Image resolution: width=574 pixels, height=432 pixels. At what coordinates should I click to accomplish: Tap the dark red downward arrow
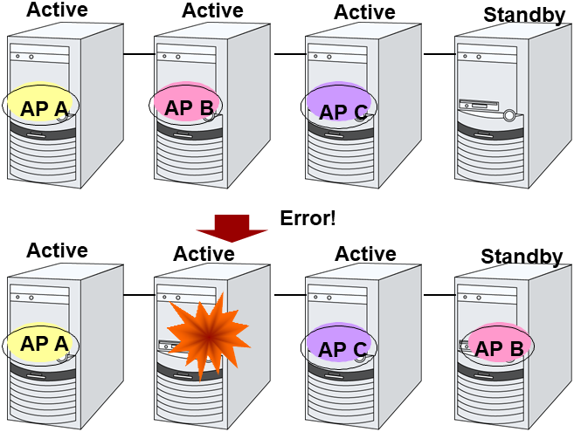(231, 226)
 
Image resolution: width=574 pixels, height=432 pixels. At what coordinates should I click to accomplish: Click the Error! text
(308, 218)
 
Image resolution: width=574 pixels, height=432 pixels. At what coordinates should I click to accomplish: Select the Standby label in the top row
(523, 15)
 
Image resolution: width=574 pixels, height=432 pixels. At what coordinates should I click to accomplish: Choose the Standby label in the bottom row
(522, 256)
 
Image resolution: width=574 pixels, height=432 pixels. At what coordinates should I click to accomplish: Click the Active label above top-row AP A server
(57, 10)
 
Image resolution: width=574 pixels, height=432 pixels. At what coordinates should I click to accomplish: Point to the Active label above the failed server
(204, 253)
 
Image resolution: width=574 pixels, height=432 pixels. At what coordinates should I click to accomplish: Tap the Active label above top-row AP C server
(365, 12)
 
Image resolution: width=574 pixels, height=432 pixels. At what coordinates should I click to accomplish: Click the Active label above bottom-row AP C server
(365, 253)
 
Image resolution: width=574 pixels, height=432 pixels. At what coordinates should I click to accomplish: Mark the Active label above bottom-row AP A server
(57, 250)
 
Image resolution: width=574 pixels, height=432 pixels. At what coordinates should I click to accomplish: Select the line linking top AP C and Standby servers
(439, 54)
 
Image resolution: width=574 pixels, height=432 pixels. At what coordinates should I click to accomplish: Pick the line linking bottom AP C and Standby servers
(439, 295)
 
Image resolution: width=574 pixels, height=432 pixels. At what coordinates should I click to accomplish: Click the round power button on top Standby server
(508, 113)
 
